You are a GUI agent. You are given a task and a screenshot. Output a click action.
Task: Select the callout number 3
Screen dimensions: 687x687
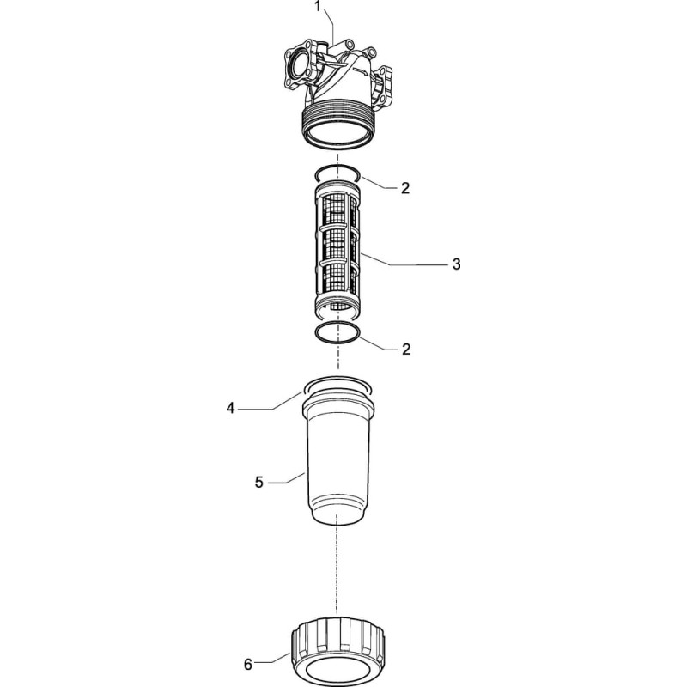pyautogui.click(x=457, y=264)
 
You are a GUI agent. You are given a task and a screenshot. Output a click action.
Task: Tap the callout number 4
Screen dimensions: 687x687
pyautogui.click(x=230, y=409)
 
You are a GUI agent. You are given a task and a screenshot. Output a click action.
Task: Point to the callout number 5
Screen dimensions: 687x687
pyautogui.click(x=259, y=483)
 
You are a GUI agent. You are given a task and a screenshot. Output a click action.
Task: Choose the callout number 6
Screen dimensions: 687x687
pyautogui.click(x=248, y=665)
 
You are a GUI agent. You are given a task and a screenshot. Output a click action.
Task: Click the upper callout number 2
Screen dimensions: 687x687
pyautogui.click(x=405, y=188)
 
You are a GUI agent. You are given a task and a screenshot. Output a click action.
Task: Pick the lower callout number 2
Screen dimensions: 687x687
pyautogui.click(x=406, y=350)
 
